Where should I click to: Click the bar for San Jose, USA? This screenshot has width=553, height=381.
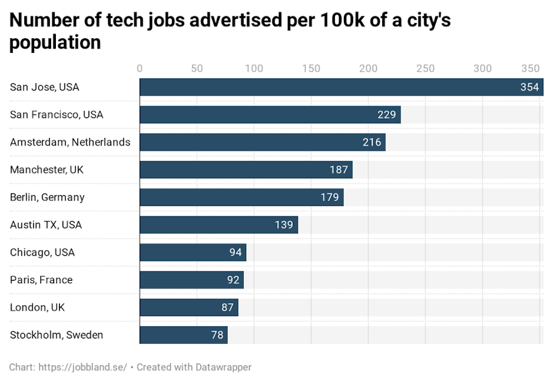340,87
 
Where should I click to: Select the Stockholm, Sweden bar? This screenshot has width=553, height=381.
184,335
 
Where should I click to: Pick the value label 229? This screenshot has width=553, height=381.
386,115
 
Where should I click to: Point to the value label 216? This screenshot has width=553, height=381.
371,142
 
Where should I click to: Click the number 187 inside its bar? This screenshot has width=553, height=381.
338,170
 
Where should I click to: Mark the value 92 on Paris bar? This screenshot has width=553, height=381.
232,280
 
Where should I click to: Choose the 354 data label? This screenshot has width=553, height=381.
529,87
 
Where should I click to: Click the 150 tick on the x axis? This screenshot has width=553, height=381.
311,68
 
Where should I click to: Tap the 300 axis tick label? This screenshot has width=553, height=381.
483,68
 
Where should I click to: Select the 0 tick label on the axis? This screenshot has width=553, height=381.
140,68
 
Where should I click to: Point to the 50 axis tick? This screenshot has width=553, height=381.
197,68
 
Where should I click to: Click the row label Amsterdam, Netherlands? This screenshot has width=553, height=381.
70,142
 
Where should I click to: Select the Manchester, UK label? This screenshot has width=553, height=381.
47,170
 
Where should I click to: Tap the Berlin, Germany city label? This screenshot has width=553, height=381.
47,197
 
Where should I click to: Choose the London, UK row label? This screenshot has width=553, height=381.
37,307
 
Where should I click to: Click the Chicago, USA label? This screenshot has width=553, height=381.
43,252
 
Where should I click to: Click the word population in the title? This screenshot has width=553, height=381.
55,43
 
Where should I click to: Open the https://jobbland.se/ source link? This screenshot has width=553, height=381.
83,367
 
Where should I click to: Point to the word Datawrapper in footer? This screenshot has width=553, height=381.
223,367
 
